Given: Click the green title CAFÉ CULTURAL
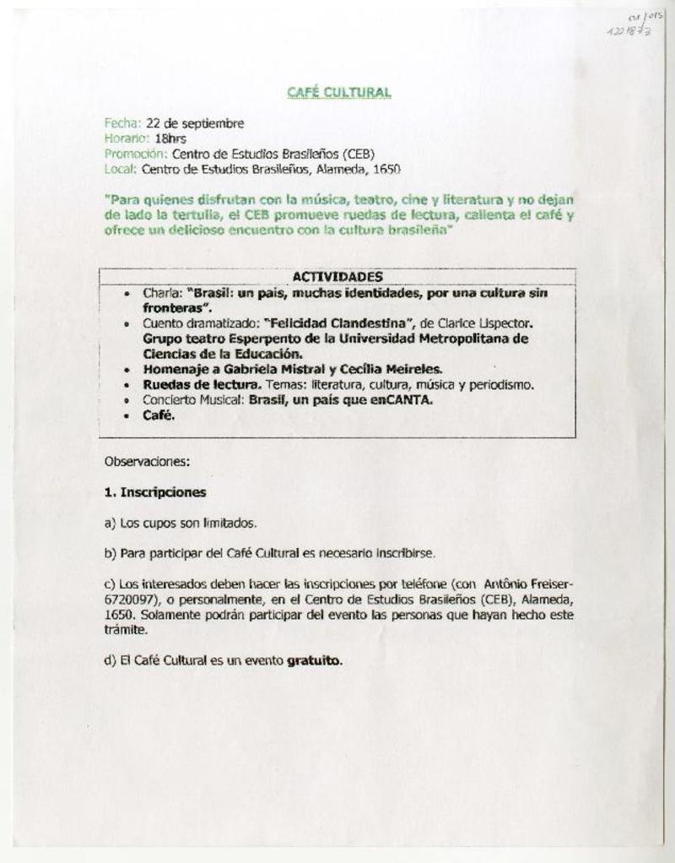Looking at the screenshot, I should coord(337,91).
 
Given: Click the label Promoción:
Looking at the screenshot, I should coord(136,154).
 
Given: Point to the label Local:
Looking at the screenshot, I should coord(120,169).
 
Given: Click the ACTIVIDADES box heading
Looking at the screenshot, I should coord(337,277).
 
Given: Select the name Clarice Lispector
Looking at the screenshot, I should coord(489,323).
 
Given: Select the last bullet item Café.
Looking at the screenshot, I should coord(158,415).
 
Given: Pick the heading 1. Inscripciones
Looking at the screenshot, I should coord(155,491).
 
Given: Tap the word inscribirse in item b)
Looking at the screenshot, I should coord(404,554).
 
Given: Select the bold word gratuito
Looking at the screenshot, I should coord(315,661).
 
